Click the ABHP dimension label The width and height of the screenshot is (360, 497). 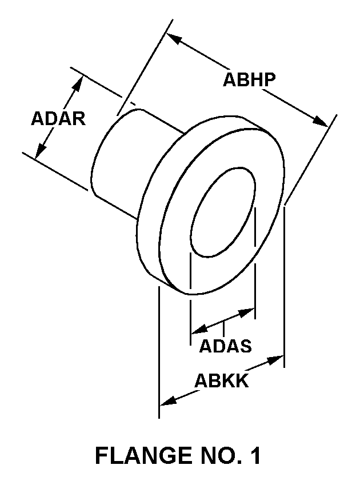coord(249,79)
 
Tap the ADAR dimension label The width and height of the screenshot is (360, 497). coord(58,119)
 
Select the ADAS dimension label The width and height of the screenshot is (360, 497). coord(226,346)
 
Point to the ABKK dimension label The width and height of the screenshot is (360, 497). coord(221,380)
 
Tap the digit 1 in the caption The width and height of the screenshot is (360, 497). coord(255,455)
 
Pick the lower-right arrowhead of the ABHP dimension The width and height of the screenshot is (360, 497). coord(321,122)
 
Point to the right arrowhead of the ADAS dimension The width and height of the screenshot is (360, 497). coord(247,312)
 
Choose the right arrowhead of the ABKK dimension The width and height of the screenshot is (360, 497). coord(275,360)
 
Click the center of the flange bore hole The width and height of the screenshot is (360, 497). coord(223,212)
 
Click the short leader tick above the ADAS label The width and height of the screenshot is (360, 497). coord(224,328)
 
